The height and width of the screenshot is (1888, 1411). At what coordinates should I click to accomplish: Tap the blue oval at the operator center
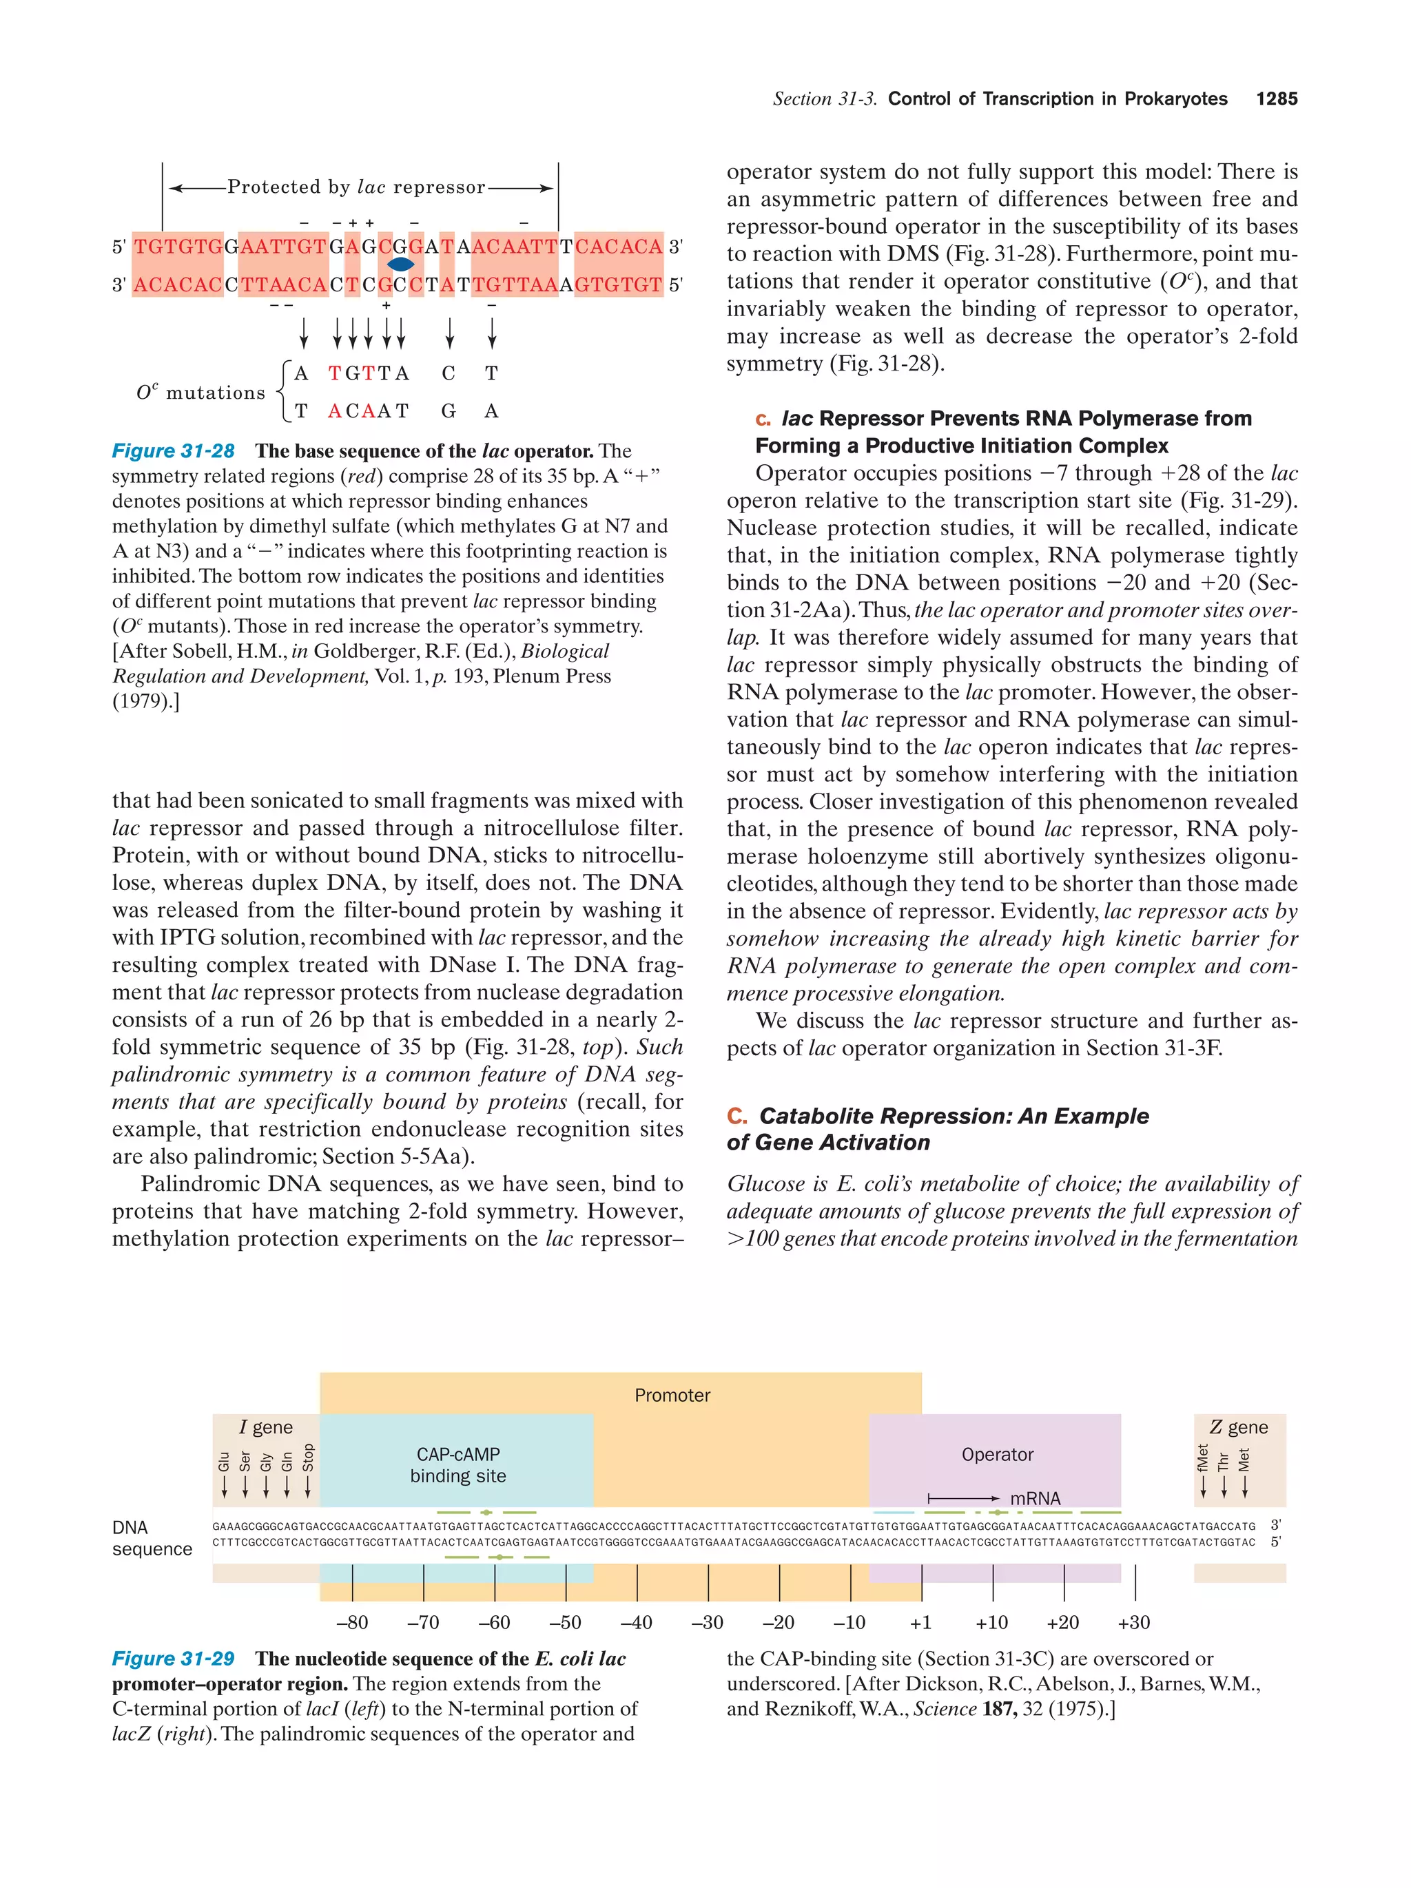[x=400, y=264]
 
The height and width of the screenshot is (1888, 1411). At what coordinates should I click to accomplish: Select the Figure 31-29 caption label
[x=174, y=1659]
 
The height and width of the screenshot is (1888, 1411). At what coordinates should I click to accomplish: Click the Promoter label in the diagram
[x=672, y=1396]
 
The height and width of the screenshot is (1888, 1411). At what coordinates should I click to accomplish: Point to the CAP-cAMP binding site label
[x=457, y=1464]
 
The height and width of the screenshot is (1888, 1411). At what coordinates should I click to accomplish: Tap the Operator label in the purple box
[x=996, y=1455]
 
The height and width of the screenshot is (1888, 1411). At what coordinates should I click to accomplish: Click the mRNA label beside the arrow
[x=1035, y=1499]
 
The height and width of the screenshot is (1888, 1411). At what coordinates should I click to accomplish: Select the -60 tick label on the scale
[x=493, y=1623]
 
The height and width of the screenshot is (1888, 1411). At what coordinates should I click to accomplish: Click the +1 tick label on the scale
[x=920, y=1623]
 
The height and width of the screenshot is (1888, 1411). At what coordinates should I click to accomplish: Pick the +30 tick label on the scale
[x=1133, y=1623]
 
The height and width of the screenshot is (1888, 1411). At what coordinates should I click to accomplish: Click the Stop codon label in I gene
[x=308, y=1458]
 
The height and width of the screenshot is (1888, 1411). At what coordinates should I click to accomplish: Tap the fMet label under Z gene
[x=1203, y=1458]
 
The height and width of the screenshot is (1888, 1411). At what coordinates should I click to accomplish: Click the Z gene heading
[x=1239, y=1427]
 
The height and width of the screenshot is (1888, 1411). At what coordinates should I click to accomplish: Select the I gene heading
[x=265, y=1427]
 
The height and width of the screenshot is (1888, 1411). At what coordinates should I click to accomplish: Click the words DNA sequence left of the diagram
[x=151, y=1538]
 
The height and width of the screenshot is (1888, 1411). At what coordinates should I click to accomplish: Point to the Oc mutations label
[x=200, y=393]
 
